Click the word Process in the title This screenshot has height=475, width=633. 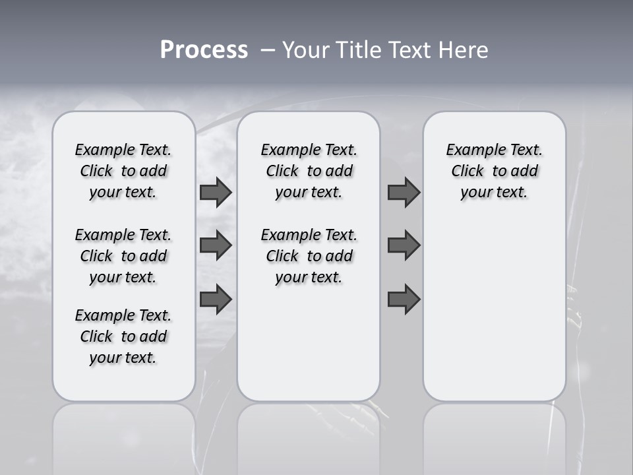pos(204,50)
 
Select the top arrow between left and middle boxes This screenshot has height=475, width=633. pos(216,192)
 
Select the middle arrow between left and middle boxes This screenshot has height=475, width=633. pos(216,246)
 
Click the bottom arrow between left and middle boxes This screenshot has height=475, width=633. pos(216,299)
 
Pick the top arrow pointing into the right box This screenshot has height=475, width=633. pos(404,192)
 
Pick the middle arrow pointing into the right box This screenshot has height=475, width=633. pos(404,246)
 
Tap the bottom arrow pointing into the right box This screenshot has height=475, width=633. pos(404,299)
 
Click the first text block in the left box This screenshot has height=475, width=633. pos(123,171)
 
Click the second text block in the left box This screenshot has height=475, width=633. pos(123,256)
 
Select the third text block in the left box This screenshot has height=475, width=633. pos(123,336)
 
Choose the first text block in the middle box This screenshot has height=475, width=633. pos(309,171)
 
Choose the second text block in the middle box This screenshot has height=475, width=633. pos(309,256)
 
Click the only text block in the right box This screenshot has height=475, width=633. pos(494,171)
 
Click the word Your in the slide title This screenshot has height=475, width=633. pos(306,50)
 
